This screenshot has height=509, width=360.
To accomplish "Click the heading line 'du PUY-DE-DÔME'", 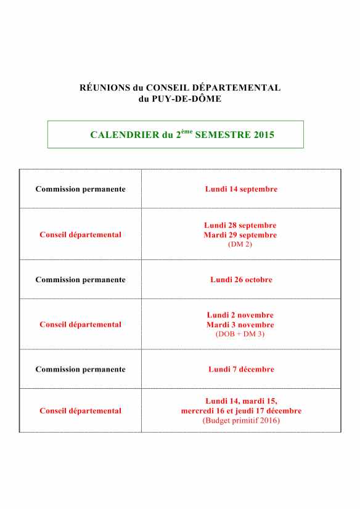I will (x=180, y=99).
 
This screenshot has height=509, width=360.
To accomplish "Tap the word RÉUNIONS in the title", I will (x=101, y=88).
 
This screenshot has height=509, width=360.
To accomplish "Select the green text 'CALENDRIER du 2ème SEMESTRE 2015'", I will (x=182, y=134).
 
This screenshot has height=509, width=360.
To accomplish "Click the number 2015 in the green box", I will (x=264, y=134).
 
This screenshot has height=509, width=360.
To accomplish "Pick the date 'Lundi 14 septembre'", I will (x=241, y=189).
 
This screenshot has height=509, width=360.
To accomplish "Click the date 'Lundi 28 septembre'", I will (x=240, y=226).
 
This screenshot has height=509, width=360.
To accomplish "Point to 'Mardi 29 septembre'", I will (x=240, y=235).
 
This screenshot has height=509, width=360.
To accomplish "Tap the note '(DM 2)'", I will (x=240, y=244).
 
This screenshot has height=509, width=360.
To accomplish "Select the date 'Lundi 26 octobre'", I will (x=241, y=280).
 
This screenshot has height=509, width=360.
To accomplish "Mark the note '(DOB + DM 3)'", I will (x=240, y=334).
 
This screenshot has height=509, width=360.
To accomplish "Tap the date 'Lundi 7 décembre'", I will (x=241, y=370).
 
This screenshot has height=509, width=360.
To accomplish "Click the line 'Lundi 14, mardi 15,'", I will (x=241, y=401).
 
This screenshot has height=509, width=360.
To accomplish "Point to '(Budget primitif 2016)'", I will (x=241, y=420).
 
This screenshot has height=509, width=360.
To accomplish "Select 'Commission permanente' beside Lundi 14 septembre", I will (x=80, y=189).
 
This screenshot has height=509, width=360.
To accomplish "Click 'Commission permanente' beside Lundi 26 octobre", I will (x=80, y=280).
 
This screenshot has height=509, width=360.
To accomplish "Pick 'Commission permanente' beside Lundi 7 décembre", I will (x=80, y=370).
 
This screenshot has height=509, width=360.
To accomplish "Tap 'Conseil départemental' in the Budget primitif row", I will (x=80, y=411).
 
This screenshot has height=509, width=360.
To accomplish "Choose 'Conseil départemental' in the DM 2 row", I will (x=80, y=235).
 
